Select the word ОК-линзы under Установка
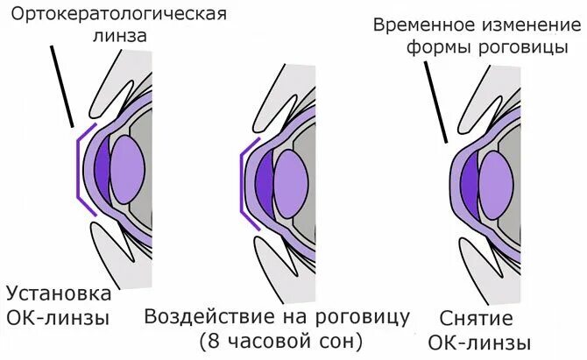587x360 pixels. click(58, 317)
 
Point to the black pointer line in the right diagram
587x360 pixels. click(437, 105)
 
